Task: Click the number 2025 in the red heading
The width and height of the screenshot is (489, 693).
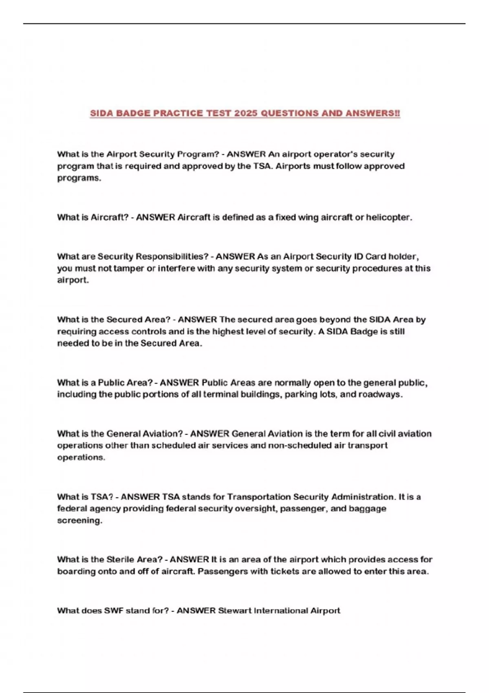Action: pos(246,113)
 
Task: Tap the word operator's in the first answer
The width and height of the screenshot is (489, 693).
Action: pos(332,154)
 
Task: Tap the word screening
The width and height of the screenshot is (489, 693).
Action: pos(79,521)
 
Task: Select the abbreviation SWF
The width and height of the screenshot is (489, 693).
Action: pos(114,611)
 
